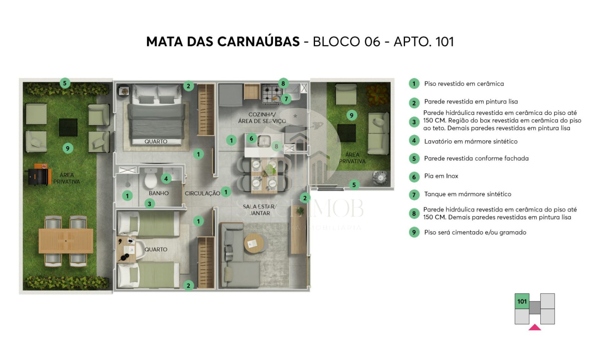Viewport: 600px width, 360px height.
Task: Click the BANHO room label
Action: coord(159,193)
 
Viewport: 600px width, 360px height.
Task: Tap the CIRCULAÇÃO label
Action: coord(202,193)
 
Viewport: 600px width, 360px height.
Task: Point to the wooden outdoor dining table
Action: coord(66,241)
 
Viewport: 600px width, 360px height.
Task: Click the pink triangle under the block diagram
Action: coord(535,327)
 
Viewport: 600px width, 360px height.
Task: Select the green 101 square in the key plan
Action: coord(522,301)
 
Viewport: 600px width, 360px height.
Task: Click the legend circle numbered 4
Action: coord(414,141)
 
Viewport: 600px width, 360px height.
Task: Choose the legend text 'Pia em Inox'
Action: coord(441,176)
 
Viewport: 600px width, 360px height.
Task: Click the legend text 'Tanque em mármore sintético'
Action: coord(467,194)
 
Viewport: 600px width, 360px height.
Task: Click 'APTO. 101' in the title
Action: coord(424,42)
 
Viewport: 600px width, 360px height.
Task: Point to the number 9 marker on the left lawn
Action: coord(67,148)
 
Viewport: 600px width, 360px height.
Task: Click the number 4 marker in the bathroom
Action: coord(166,178)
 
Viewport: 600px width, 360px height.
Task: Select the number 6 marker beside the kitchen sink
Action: coord(251,138)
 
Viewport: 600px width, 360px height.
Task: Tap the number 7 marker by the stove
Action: coord(286,99)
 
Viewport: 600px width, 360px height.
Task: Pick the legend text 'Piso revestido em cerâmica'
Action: coord(464,84)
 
